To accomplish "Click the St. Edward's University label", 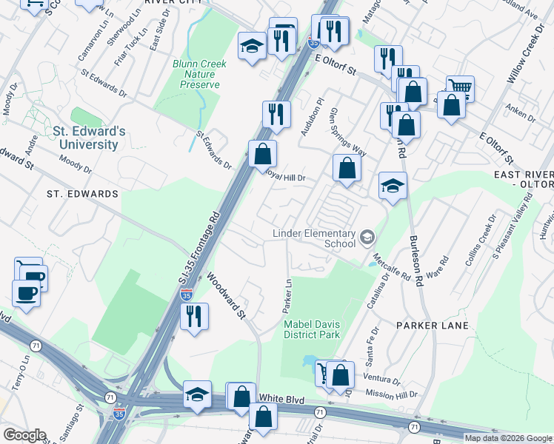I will click(x=89, y=138).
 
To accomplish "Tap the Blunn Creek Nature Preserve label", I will click(x=200, y=74).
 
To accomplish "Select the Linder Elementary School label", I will click(x=315, y=238).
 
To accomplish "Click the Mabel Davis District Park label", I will click(x=311, y=329).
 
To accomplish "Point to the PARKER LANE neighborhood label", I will click(x=432, y=326).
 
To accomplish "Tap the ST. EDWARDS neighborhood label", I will click(x=82, y=194).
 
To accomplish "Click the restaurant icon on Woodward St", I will click(x=195, y=316).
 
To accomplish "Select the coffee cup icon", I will click(x=27, y=293).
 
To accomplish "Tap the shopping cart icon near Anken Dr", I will click(x=460, y=89).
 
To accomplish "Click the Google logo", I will click(x=24, y=435).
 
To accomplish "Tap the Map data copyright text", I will click(x=507, y=438).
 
